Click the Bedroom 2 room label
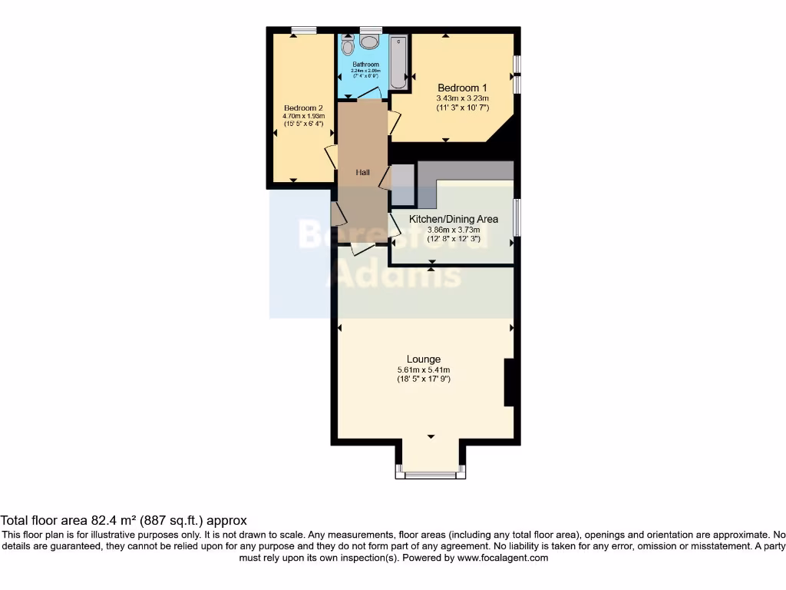[303, 108]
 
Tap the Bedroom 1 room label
[462, 88]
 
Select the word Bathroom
[366, 65]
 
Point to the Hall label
[363, 173]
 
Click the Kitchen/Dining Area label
[453, 219]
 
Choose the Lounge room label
[424, 359]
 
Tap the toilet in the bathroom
[348, 47]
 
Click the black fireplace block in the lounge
[508, 382]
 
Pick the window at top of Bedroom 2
[304, 30]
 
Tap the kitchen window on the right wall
[517, 217]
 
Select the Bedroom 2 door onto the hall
[331, 157]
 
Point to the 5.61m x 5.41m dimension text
[424, 370]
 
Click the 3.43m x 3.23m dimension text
[462, 98]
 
